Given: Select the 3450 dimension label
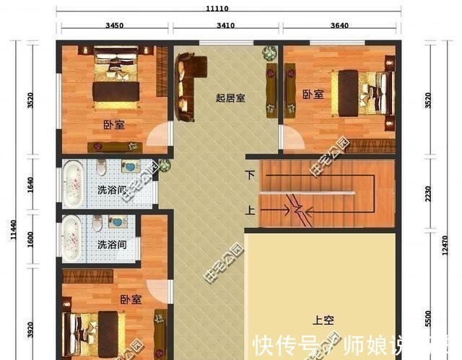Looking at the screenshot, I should (114, 25).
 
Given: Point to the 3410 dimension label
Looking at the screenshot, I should (225, 25).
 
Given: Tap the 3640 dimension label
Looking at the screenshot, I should (339, 25).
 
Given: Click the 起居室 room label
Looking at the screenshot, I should (230, 97).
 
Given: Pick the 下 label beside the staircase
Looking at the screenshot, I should (250, 175).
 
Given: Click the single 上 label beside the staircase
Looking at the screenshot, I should (250, 211).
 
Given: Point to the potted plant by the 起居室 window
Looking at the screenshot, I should (269, 53).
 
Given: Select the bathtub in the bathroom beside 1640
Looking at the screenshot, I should (73, 182).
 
